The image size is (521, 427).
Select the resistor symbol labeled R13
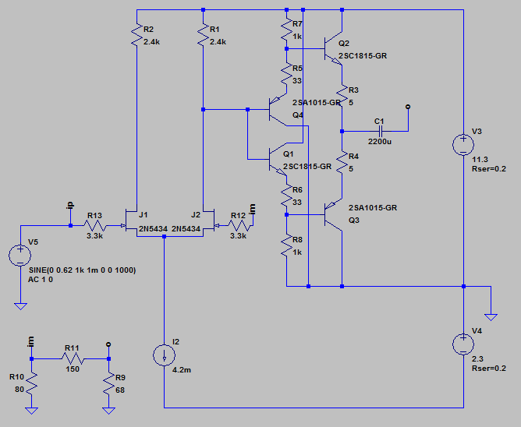[95, 226]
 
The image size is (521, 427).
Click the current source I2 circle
[164, 355]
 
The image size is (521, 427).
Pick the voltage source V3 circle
[463, 145]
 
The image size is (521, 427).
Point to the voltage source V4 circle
[463, 344]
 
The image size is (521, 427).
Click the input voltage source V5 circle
[20, 256]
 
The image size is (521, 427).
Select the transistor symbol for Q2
[333, 48]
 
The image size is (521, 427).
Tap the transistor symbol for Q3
[333, 214]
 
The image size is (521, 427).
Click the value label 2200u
[380, 142]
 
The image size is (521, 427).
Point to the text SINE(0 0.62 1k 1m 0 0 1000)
[83, 270]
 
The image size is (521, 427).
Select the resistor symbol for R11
[73, 358]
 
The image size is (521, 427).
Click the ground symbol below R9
[108, 411]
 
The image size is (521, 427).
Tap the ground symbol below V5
[20, 306]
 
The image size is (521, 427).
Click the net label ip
[69, 206]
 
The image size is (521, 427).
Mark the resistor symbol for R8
[286, 245]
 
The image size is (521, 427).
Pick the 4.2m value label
[182, 370]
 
